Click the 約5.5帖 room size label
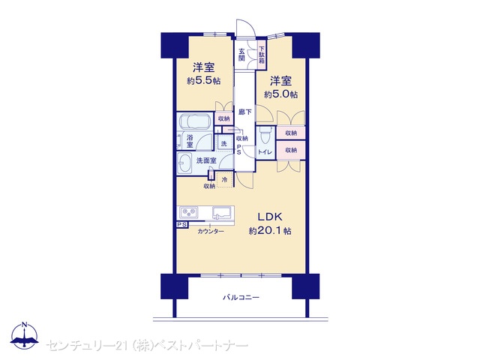click(203, 81)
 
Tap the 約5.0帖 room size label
click(280, 94)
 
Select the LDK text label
click(269, 217)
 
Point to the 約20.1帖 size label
click(270, 230)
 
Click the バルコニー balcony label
click(241, 297)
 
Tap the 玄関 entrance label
click(241, 55)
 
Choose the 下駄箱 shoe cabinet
click(262, 55)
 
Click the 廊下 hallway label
click(245, 112)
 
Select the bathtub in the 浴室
click(195, 121)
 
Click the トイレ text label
click(265, 151)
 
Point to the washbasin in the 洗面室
click(184, 163)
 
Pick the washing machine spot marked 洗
click(224, 143)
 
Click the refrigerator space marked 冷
click(224, 180)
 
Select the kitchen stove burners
click(188, 212)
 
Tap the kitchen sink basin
click(221, 213)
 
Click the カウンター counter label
click(211, 232)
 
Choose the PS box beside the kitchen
click(181, 224)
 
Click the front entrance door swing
click(245, 28)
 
